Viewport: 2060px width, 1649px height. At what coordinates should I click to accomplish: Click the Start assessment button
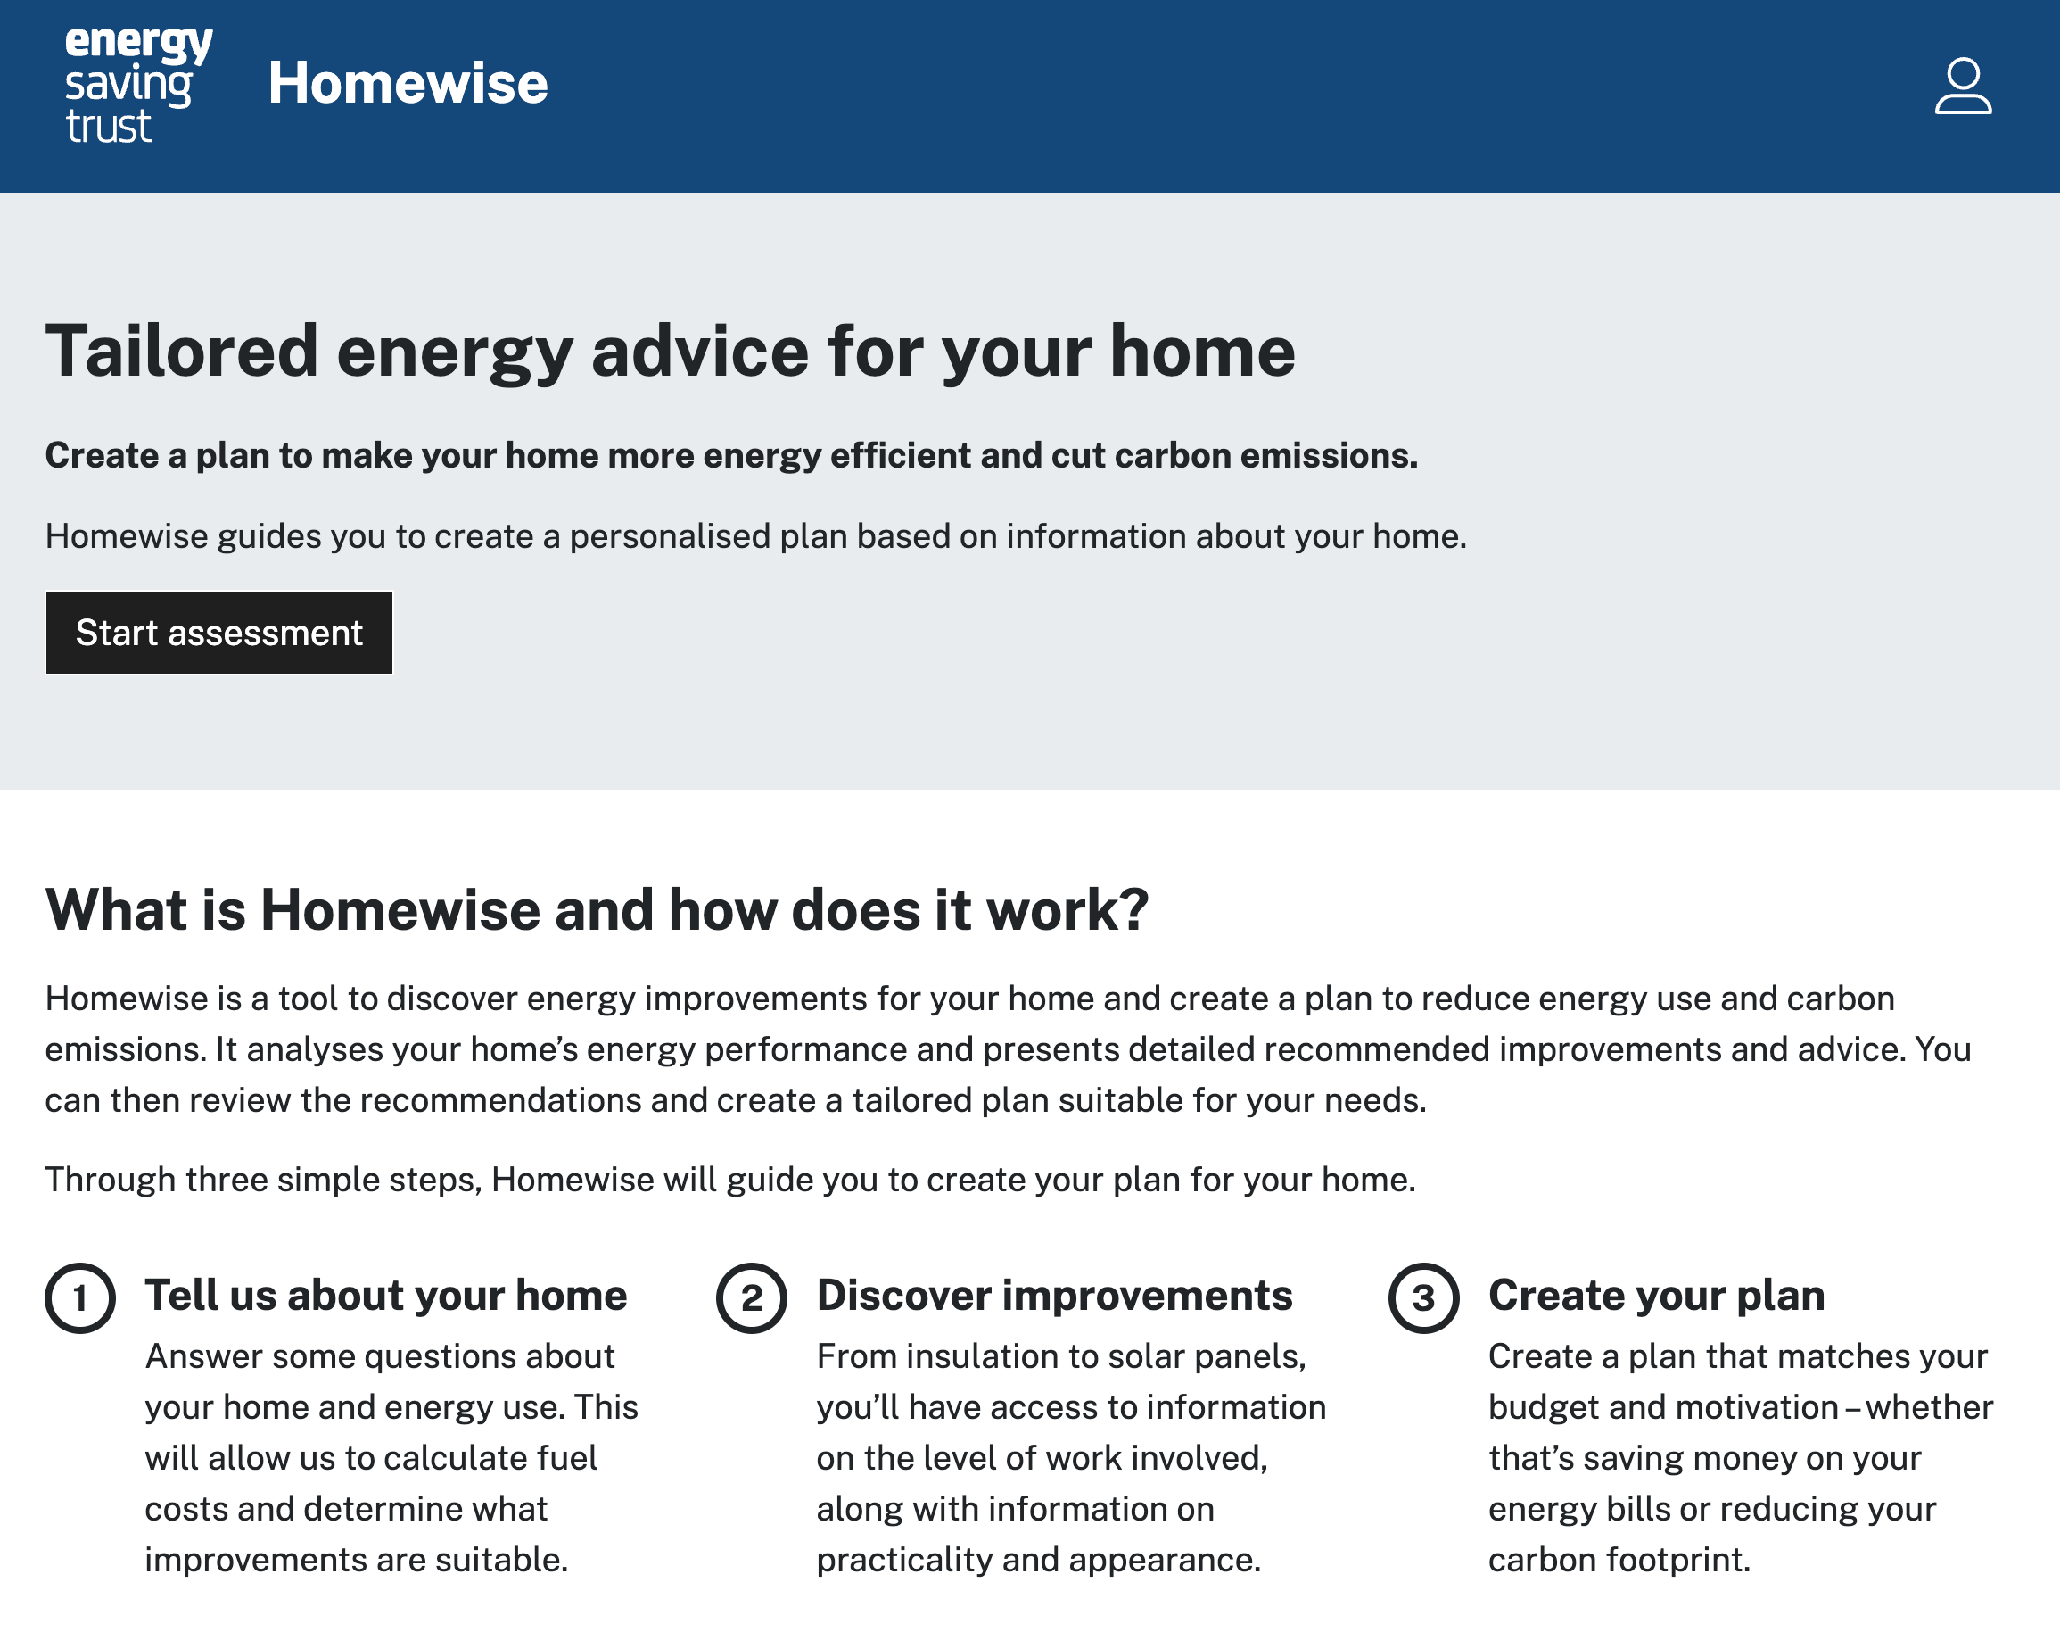218,633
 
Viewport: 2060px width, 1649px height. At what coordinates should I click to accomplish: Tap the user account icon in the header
1963,86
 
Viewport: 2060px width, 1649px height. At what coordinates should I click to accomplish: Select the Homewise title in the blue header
408,83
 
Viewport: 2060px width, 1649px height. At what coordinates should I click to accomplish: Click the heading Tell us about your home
386,1296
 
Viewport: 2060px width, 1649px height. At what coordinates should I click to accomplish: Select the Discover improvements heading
1054,1296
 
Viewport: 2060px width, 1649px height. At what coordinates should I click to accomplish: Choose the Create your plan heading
1657,1296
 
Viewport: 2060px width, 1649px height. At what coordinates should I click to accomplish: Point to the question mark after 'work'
1133,908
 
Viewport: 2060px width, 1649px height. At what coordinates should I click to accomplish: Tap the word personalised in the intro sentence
670,537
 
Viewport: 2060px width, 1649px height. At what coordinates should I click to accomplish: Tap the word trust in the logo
108,126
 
